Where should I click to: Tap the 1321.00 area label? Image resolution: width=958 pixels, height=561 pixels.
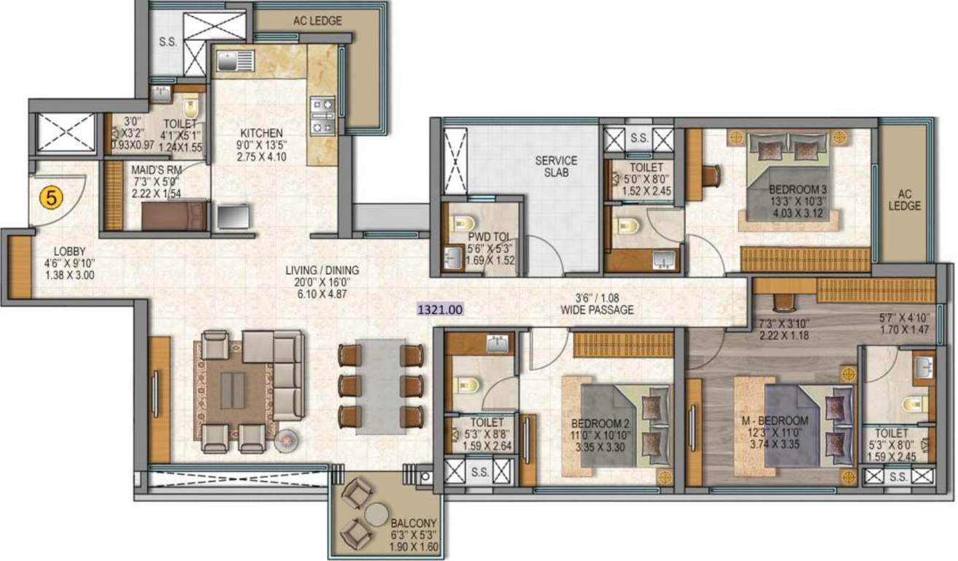click(440, 309)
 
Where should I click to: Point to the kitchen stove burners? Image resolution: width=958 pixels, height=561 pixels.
click(322, 118)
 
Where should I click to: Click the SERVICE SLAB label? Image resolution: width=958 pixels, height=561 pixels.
click(556, 167)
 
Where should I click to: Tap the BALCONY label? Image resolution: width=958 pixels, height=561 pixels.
click(413, 523)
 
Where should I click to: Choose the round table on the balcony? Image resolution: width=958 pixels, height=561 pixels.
click(376, 514)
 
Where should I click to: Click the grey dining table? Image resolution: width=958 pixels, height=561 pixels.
click(380, 386)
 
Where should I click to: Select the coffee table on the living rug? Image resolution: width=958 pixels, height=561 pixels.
click(233, 390)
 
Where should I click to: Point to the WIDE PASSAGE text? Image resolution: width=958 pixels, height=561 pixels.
click(597, 310)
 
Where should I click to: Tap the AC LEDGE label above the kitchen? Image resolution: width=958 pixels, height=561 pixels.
click(317, 21)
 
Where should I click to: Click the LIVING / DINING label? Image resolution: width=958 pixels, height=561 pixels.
click(322, 270)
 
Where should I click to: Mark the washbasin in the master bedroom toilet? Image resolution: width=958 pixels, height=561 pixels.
click(923, 367)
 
